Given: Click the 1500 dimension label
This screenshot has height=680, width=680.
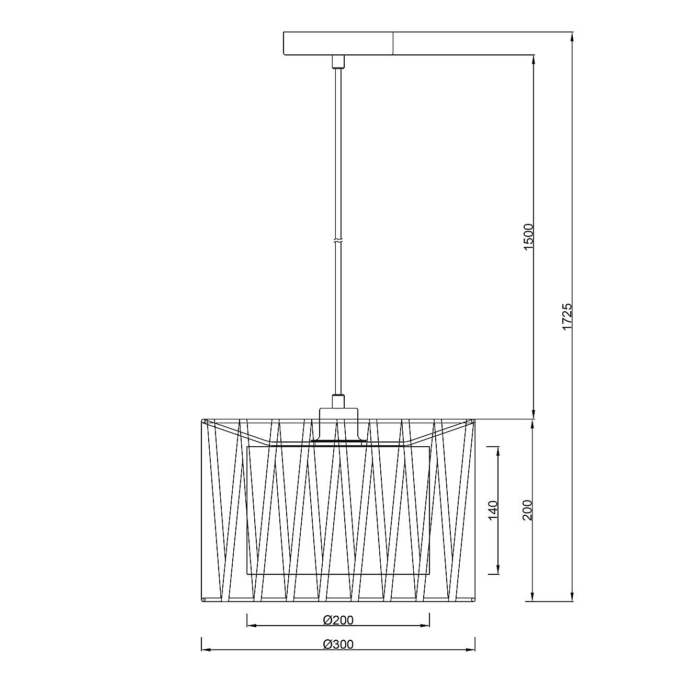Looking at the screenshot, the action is click(x=529, y=237).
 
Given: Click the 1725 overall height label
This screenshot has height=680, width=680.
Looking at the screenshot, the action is click(x=566, y=317).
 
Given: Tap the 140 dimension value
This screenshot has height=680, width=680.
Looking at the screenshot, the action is click(x=493, y=511).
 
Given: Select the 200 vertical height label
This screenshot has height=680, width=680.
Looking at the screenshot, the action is click(x=527, y=510).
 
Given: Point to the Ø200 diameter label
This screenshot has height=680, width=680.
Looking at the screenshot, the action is click(x=338, y=620).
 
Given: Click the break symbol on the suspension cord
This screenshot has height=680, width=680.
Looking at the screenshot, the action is click(x=338, y=241).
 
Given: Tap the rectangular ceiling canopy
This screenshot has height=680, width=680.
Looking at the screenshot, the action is click(x=338, y=43).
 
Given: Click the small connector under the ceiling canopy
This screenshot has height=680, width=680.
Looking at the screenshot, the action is click(x=338, y=61).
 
